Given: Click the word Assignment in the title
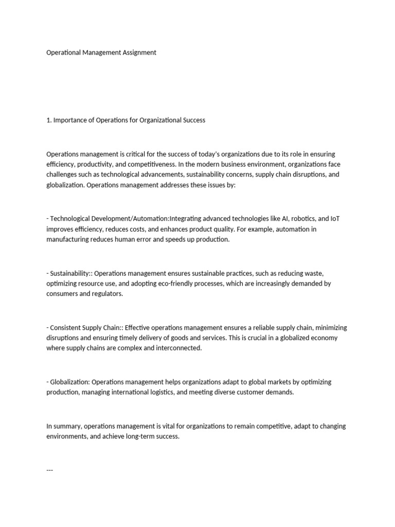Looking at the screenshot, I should click(x=138, y=52).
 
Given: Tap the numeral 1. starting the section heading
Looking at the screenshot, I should click(x=49, y=120).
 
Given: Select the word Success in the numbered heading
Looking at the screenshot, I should click(x=193, y=120).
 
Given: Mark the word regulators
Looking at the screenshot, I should click(x=107, y=294).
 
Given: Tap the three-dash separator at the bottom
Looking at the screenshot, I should click(x=50, y=470).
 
